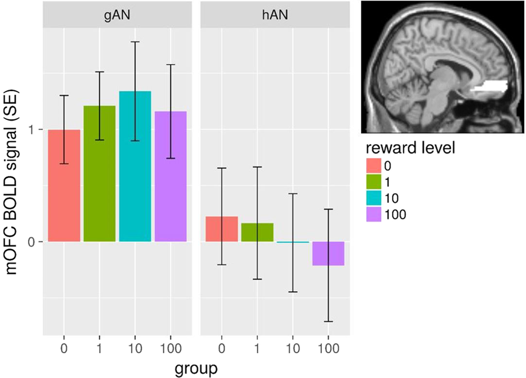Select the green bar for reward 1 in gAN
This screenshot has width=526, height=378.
coord(99,173)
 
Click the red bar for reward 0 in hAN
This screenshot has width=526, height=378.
coord(221,229)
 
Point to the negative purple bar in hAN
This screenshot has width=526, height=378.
coord(328,253)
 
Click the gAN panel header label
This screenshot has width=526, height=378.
coord(117,16)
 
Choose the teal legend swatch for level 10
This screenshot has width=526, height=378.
coord(374,199)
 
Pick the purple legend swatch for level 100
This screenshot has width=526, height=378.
coord(374,214)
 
